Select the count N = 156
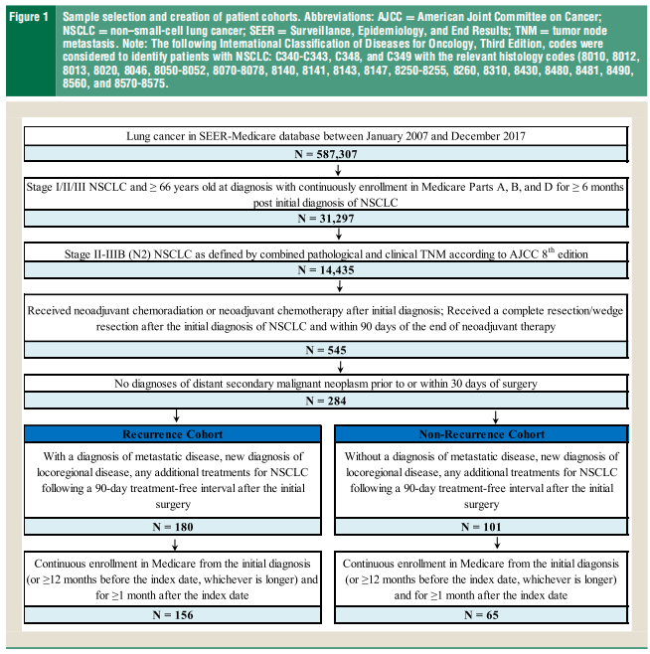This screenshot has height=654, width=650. pyautogui.click(x=174, y=615)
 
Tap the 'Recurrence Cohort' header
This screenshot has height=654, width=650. pyautogui.click(x=174, y=433)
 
